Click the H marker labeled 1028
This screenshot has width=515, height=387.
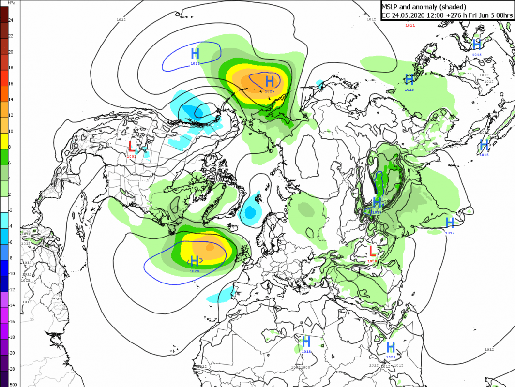point(195,262)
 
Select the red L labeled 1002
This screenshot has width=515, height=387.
point(132,146)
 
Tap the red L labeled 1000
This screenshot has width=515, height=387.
point(372,251)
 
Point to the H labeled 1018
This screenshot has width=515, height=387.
point(306,341)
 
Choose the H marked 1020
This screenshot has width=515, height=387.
point(391,347)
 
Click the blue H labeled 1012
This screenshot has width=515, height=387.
point(450,223)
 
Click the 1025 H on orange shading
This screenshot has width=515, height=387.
point(270,80)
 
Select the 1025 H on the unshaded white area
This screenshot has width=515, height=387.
point(195,53)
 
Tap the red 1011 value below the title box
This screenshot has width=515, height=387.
point(410,25)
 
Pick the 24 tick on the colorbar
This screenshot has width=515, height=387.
point(11,20)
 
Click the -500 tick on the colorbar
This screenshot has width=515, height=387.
point(13,384)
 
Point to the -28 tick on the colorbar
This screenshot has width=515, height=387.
point(12,369)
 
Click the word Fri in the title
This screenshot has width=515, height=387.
point(478,15)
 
